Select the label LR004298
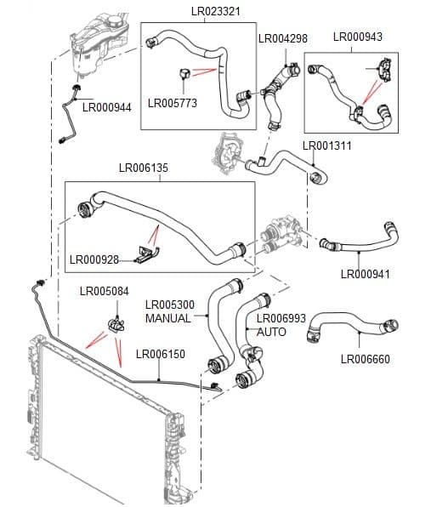(282, 38)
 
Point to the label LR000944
(106, 107)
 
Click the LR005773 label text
(173, 104)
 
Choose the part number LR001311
(327, 145)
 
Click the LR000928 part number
(94, 259)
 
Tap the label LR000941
(366, 274)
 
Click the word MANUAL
(168, 318)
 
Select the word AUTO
(271, 332)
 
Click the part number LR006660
(366, 359)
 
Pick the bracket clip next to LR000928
(147, 253)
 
